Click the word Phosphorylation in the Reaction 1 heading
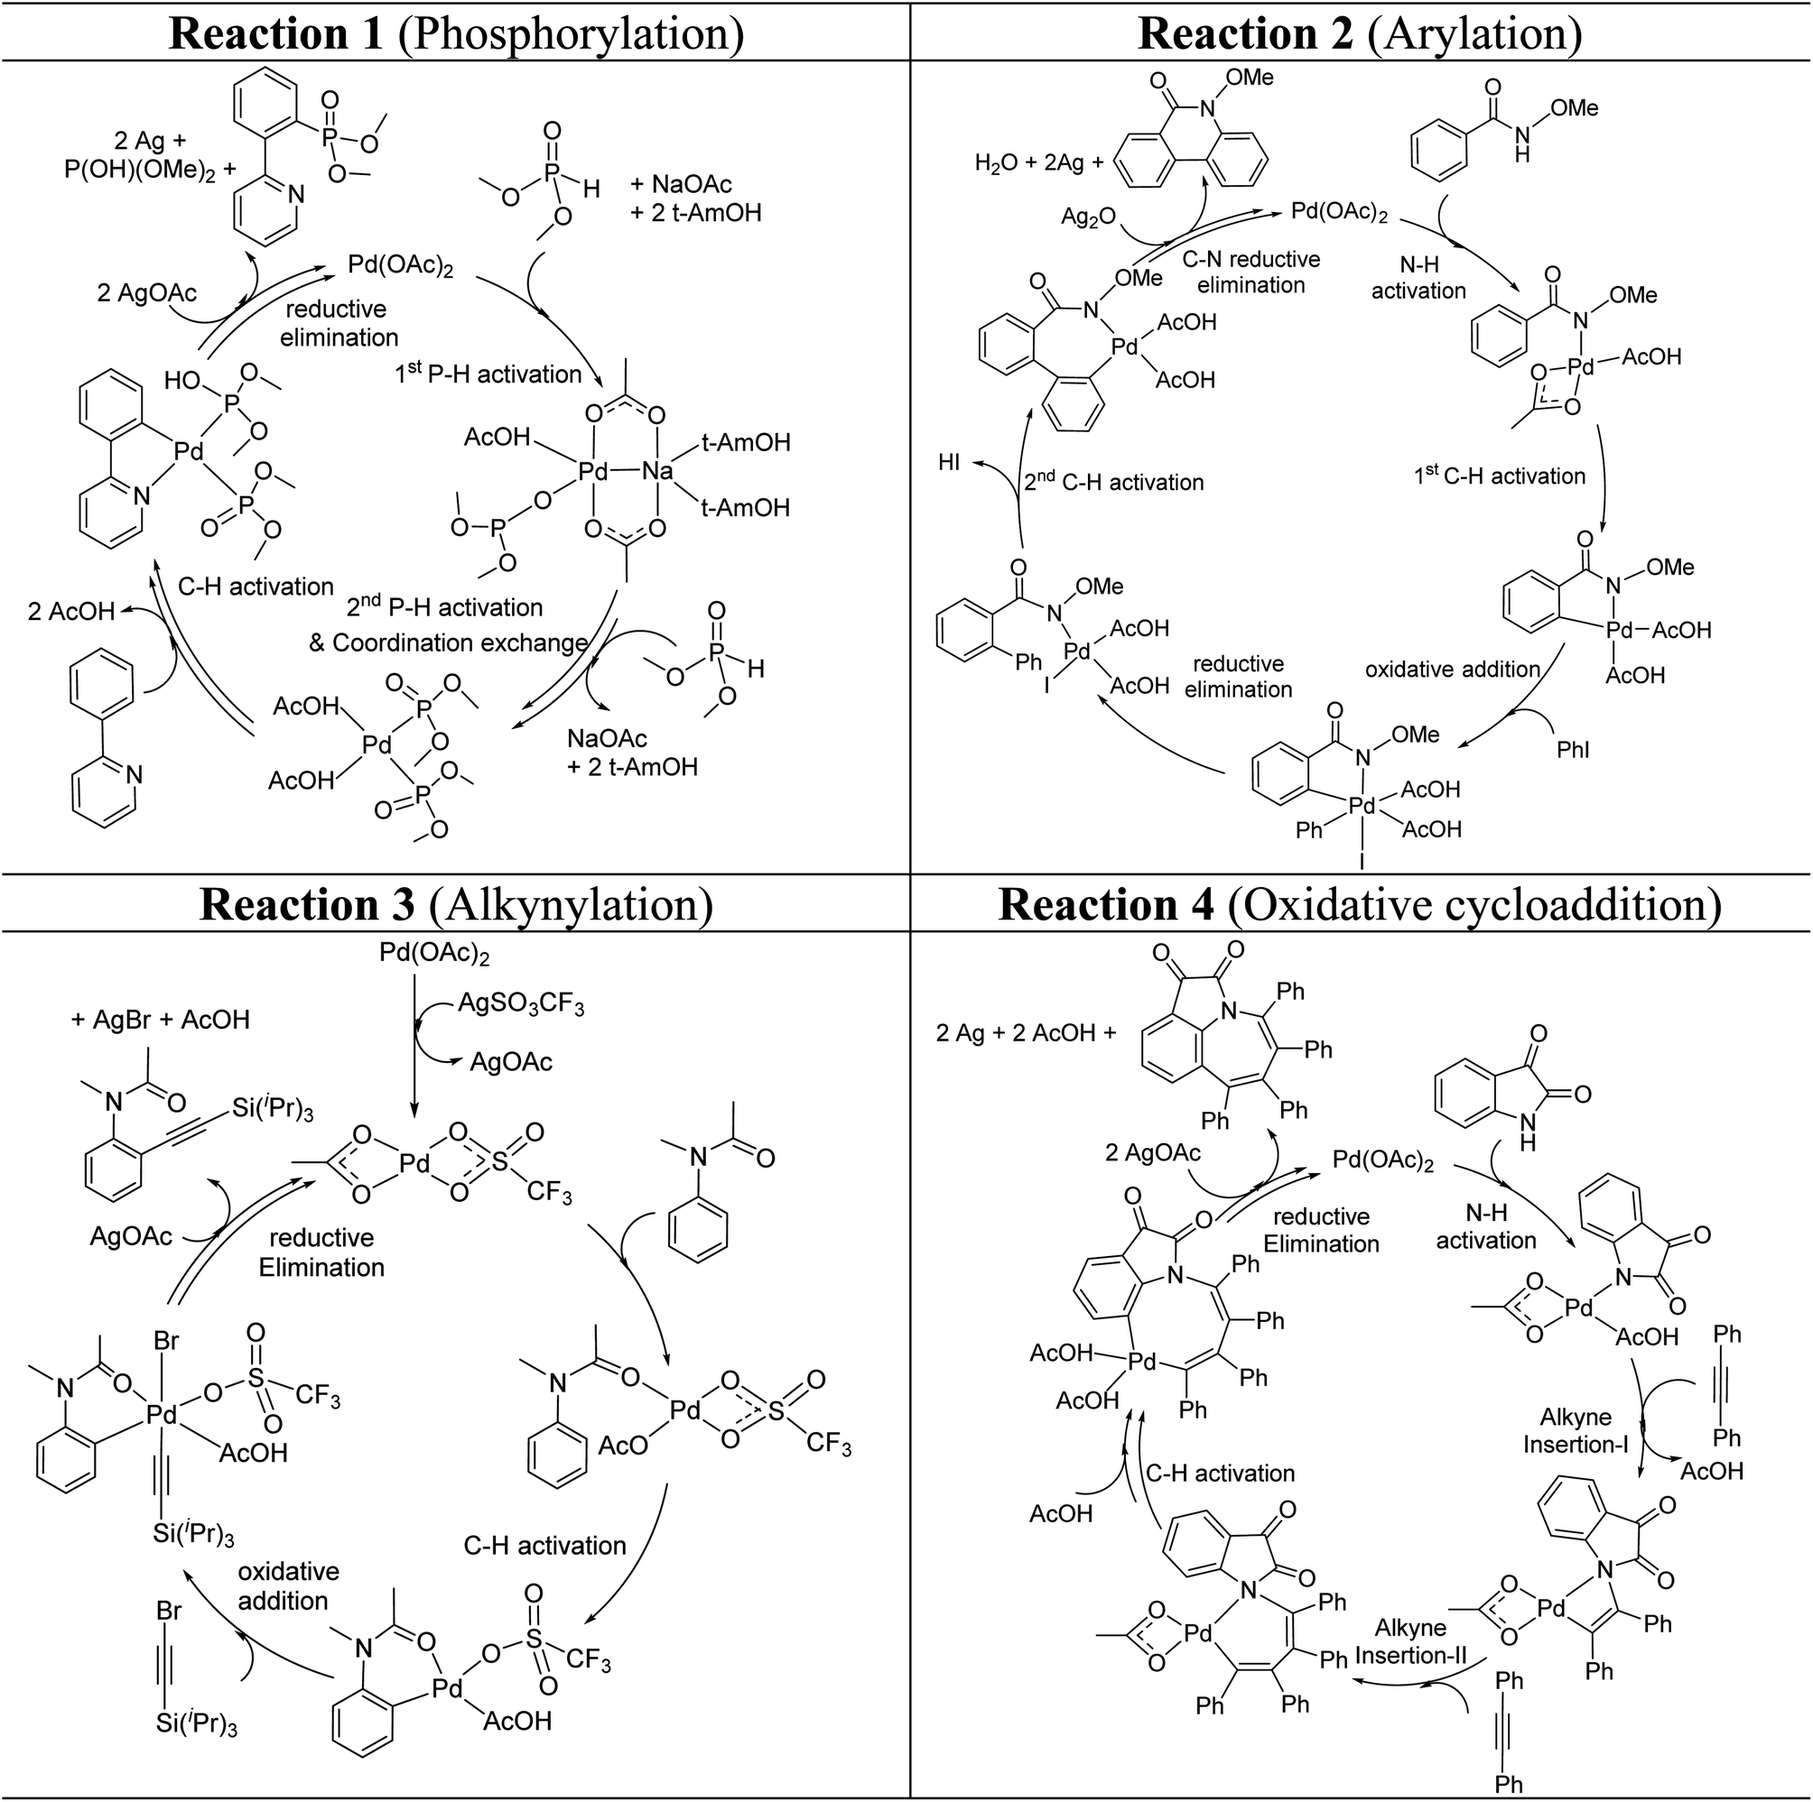(x=571, y=33)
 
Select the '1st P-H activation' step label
(x=488, y=374)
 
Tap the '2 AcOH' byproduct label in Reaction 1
(x=71, y=612)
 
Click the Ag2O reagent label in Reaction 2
(x=1088, y=217)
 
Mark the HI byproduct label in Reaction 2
(x=949, y=463)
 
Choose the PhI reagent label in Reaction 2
(x=1573, y=750)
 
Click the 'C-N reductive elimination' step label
(x=1251, y=272)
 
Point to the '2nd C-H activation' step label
(x=1113, y=482)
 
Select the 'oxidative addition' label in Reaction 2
(x=1452, y=669)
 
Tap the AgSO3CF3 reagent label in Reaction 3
(x=521, y=1005)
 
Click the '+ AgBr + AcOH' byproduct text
(x=161, y=1020)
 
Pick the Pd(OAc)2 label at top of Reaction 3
(x=434, y=954)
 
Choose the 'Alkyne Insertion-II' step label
(x=1410, y=1640)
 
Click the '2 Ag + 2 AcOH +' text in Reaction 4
(x=1027, y=1033)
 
